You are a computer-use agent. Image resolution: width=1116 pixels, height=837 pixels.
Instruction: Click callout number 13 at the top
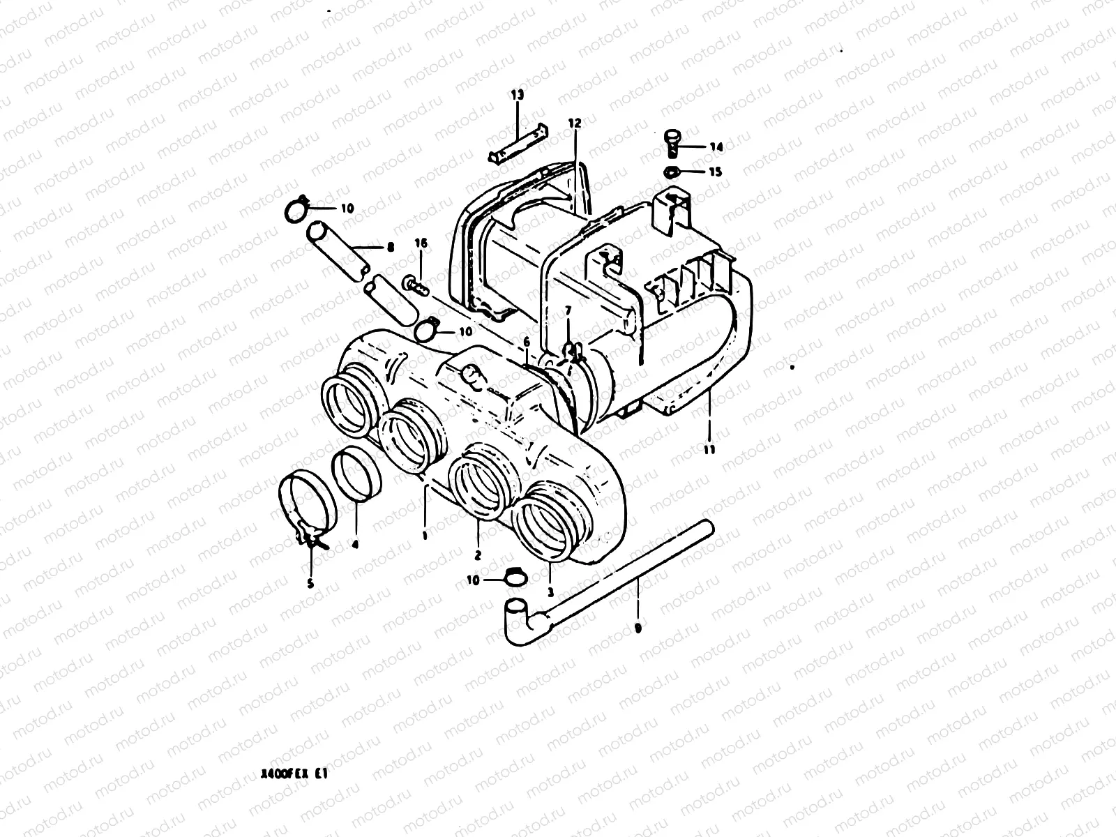pyautogui.click(x=516, y=95)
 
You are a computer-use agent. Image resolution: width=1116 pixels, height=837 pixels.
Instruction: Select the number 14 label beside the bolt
pyautogui.click(x=716, y=147)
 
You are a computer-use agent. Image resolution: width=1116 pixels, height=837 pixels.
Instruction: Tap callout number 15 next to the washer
pyautogui.click(x=716, y=172)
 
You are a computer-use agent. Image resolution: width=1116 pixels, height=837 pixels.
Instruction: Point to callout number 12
pyautogui.click(x=574, y=123)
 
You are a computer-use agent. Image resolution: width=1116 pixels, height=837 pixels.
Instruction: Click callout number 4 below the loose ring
pyautogui.click(x=355, y=545)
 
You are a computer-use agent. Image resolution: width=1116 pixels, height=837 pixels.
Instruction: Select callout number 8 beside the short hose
pyautogui.click(x=389, y=246)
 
